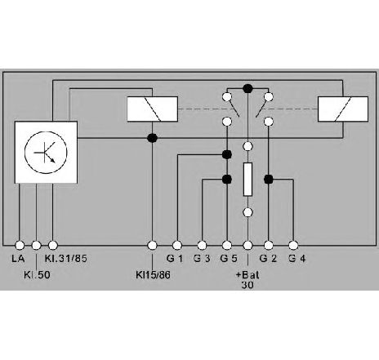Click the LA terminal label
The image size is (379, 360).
pyautogui.click(x=18, y=258)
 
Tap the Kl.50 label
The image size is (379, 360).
pyautogui.click(x=37, y=275)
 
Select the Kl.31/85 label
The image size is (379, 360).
pyautogui.click(x=66, y=258)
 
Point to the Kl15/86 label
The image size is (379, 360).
pyautogui.click(x=153, y=275)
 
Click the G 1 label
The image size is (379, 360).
pyautogui.click(x=175, y=258)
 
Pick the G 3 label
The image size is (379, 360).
pyautogui.click(x=202, y=258)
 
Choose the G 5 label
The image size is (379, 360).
pyautogui.click(x=229, y=258)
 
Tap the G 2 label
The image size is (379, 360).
pyautogui.click(x=268, y=258)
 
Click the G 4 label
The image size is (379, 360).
pyautogui.click(x=297, y=258)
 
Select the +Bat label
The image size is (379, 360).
pyautogui.click(x=247, y=275)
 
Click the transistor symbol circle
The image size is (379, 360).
pyautogui.click(x=46, y=153)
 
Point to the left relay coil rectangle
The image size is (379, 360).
pyautogui.click(x=153, y=109)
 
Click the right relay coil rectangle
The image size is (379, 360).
pyautogui.click(x=343, y=109)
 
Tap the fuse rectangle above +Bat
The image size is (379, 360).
pyautogui.click(x=247, y=180)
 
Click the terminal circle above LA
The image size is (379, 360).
pyautogui.click(x=20, y=246)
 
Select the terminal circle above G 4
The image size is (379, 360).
pyautogui.click(x=293, y=246)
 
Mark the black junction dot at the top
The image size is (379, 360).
pyautogui.click(x=247, y=88)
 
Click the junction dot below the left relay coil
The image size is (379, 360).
pyautogui.click(x=152, y=138)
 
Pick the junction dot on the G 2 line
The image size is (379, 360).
pyautogui.click(x=269, y=179)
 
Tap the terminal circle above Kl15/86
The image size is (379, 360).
pyautogui.click(x=152, y=246)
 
